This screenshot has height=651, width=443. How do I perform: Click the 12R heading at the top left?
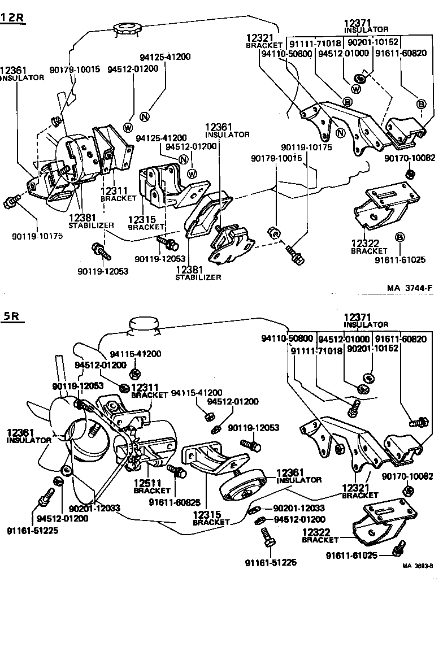tap(13, 17)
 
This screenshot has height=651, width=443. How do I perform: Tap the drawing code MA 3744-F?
tap(410, 288)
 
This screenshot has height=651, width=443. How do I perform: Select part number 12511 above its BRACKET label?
tap(148, 483)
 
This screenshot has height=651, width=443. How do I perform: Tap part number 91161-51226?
tap(271, 562)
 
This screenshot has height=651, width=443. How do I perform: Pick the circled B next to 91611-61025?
tap(399, 236)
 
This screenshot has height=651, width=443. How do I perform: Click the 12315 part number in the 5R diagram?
tap(207, 514)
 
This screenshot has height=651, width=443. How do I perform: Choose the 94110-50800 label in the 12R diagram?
tap(286, 53)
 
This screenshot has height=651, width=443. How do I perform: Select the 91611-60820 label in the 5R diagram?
tap(401, 339)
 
